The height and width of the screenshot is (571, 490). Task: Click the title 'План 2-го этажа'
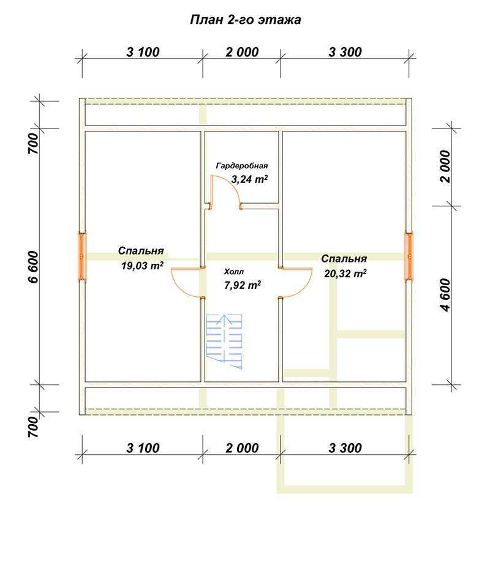(x=246, y=20)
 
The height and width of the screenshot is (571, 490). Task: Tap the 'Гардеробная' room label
(x=242, y=166)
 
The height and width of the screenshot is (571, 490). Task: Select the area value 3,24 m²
(x=250, y=179)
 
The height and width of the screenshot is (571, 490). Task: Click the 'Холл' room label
(x=234, y=272)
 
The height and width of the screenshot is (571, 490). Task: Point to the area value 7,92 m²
(x=243, y=285)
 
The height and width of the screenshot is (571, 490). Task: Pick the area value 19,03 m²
(x=142, y=266)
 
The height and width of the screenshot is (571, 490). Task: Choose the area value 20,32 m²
(x=345, y=273)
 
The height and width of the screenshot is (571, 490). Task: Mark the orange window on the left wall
(x=82, y=256)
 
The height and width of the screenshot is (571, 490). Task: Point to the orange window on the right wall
(x=409, y=256)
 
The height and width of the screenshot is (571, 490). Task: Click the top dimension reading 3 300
(x=345, y=52)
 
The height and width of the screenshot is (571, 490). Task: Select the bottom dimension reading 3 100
(x=143, y=448)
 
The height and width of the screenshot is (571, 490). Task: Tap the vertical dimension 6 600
(x=33, y=267)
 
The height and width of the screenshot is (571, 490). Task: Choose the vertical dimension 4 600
(x=445, y=295)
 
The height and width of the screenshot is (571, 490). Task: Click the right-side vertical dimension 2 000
(x=445, y=166)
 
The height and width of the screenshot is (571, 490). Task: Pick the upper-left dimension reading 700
(x=33, y=143)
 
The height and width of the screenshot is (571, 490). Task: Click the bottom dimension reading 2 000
(x=242, y=448)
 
